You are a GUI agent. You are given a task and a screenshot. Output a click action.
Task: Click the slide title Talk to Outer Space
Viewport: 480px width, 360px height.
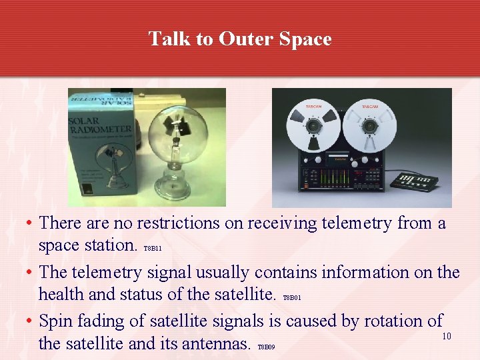pyautogui.click(x=240, y=39)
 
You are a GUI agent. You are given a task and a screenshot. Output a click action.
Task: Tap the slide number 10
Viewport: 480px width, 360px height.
pyautogui.click(x=447, y=336)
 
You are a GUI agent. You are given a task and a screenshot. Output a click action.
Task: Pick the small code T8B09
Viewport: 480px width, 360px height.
pyautogui.click(x=265, y=347)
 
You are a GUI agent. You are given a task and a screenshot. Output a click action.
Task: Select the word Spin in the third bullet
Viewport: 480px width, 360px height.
pyautogui.click(x=56, y=321)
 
